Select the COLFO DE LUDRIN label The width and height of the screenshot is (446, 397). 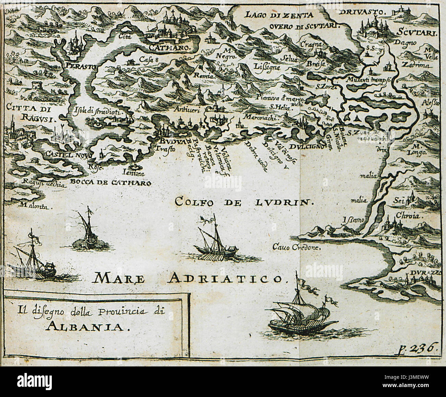pos(244,202)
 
